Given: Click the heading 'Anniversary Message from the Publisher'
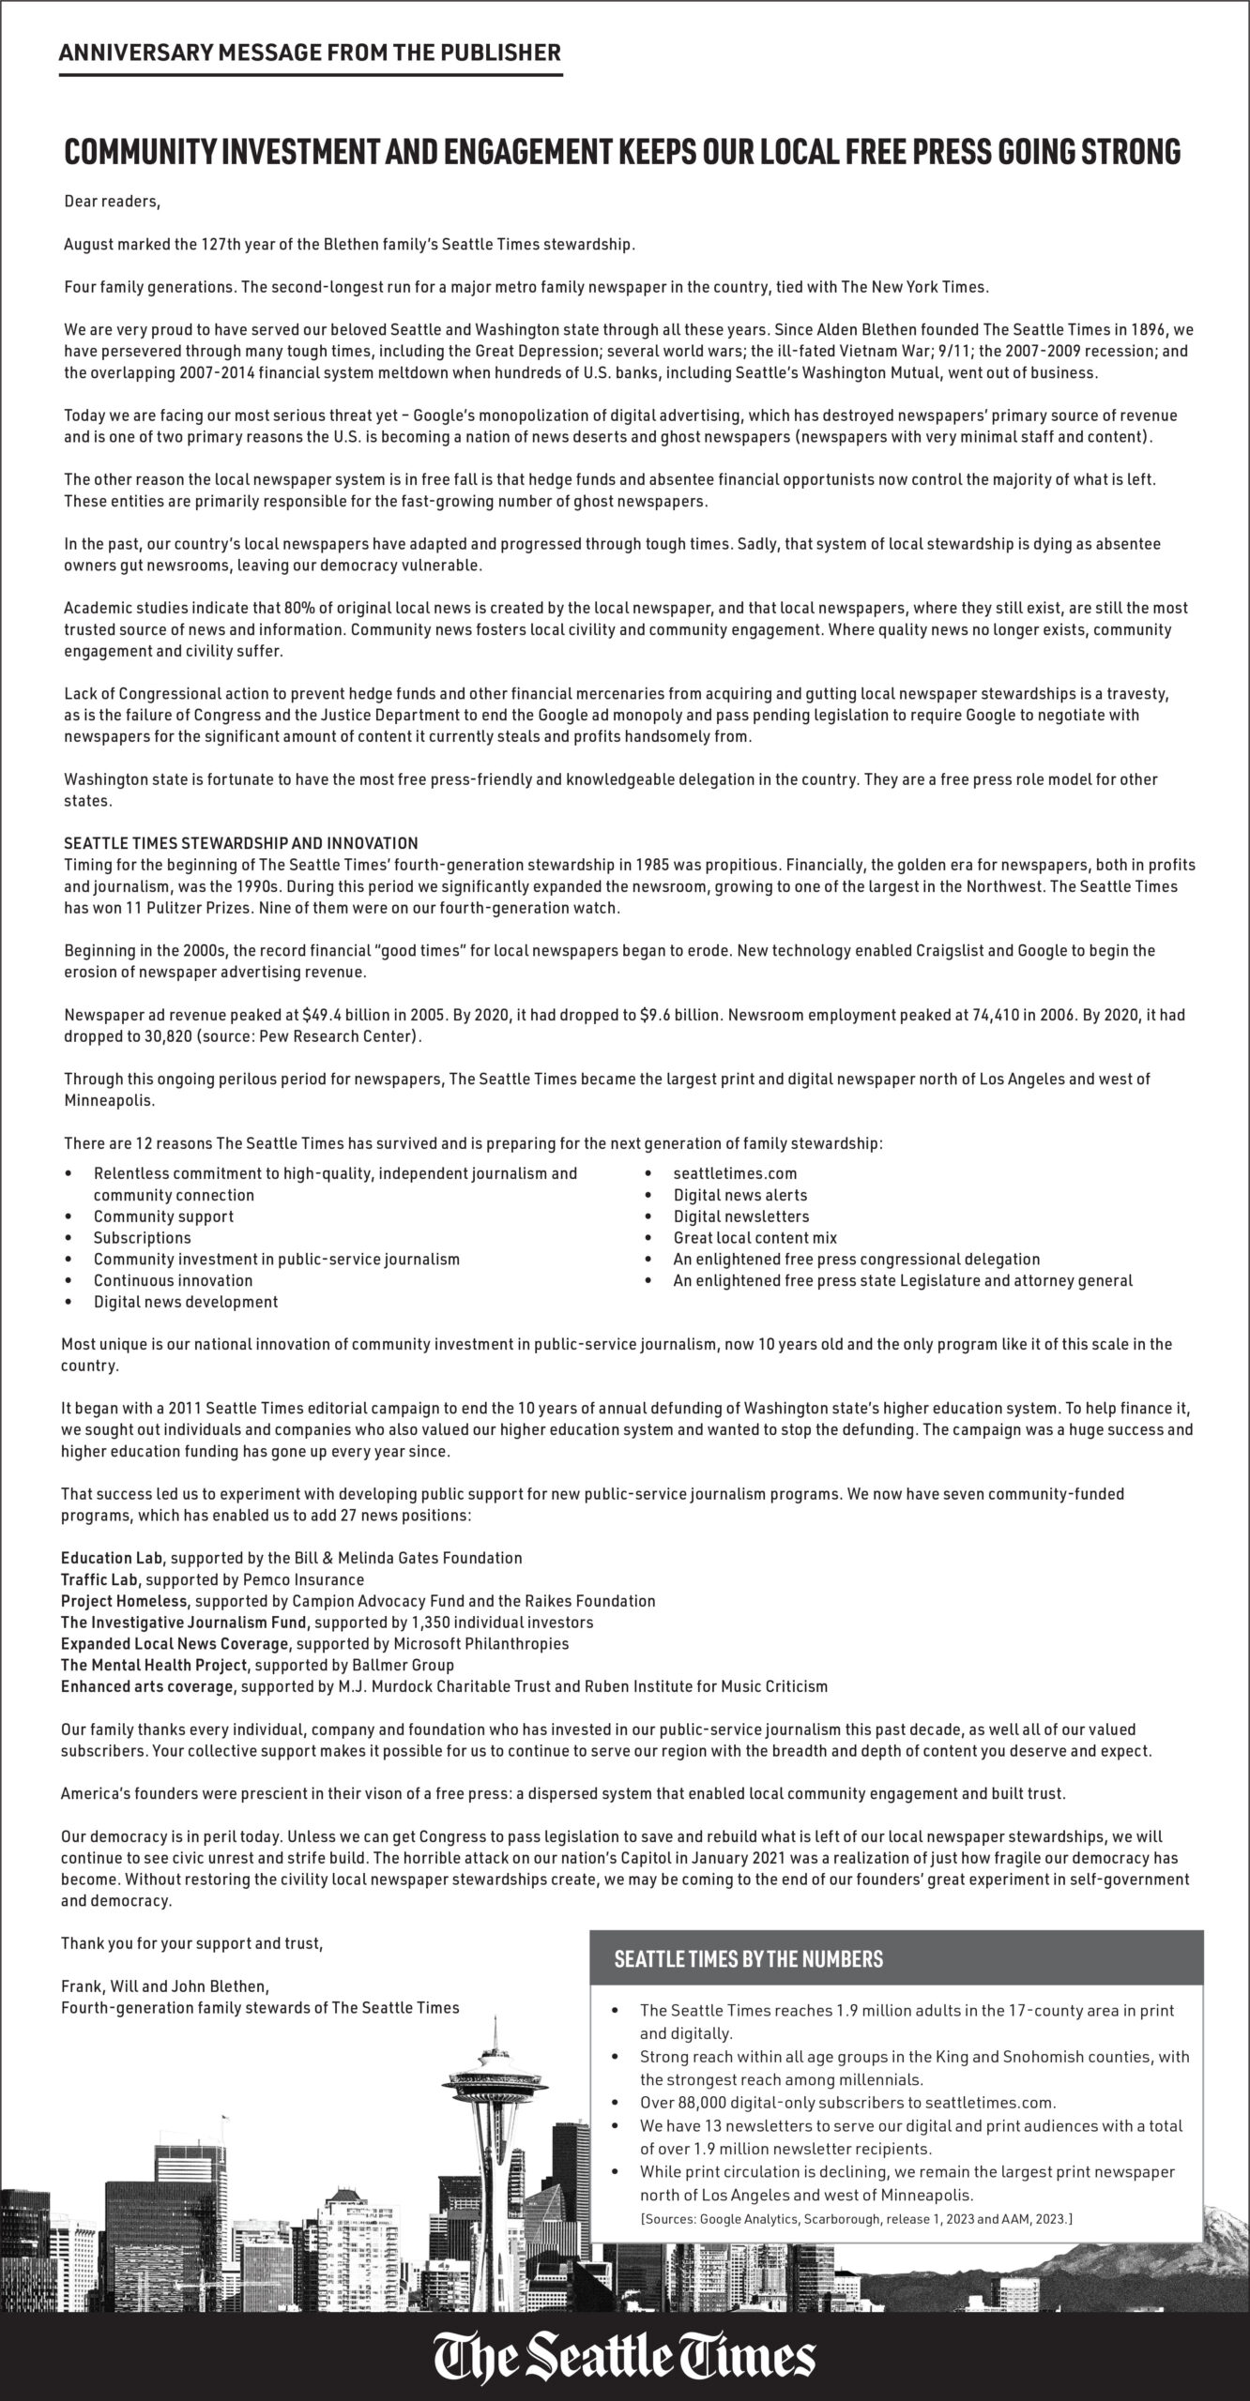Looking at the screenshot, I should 310,53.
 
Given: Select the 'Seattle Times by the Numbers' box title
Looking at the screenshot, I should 748,1959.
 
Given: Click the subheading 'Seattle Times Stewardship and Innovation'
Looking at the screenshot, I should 241,843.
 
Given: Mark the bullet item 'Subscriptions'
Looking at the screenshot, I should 142,1238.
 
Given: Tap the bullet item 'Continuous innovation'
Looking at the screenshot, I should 173,1280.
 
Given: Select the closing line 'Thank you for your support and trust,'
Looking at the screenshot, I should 191,1943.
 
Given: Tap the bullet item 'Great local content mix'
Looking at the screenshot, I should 755,1238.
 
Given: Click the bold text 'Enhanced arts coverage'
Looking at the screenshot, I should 146,1686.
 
